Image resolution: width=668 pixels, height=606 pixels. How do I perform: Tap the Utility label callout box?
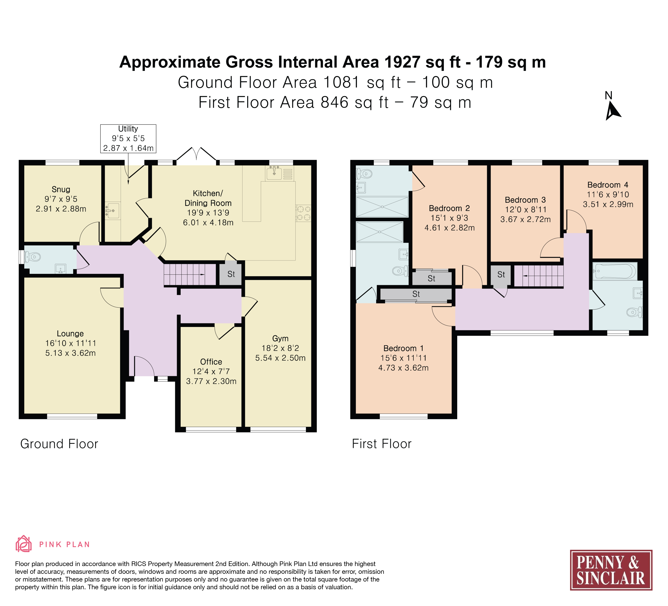coord(128,138)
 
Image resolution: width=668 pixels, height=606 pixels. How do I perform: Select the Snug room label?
coord(61,189)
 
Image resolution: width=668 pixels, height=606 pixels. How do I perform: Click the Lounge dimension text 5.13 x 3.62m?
coord(71,353)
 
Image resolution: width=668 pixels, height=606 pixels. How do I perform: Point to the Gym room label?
coord(280,339)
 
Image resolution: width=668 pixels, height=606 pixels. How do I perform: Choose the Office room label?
coord(211,362)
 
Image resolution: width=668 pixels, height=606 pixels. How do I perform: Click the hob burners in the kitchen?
coord(303,213)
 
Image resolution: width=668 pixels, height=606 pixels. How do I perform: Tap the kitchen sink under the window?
coord(279,173)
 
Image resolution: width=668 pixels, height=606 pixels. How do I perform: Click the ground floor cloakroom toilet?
coord(33,257)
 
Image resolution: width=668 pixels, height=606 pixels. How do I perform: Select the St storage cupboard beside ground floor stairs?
coord(231,274)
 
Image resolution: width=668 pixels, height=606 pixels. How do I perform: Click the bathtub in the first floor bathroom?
coord(615,271)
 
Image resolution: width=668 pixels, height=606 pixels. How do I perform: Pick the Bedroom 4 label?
coord(608,185)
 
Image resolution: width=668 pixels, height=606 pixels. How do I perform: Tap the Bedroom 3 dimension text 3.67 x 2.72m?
coord(525,219)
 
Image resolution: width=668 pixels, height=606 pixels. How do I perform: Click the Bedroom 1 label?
coord(403,348)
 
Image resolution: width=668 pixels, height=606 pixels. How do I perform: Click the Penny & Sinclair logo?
coord(611,570)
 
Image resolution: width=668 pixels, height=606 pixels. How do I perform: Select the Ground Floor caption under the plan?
coord(59,444)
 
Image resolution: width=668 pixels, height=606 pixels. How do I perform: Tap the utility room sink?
coord(112,210)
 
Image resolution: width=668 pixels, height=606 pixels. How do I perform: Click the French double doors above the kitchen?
coord(196,156)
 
